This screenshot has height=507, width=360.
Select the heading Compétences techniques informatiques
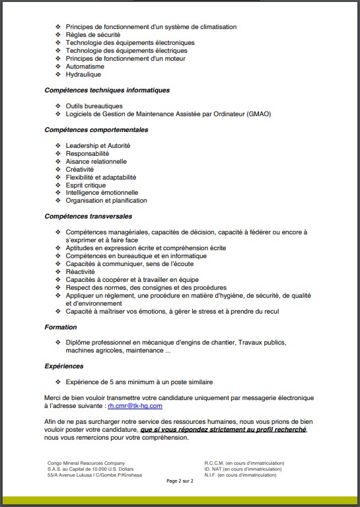pos(107,90)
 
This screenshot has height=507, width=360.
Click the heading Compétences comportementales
pos(96,129)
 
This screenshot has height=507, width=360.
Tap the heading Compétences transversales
pos(89,216)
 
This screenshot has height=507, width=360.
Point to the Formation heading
pos(61,327)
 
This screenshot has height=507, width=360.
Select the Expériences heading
pos(64,366)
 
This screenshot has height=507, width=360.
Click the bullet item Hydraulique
pos(83,75)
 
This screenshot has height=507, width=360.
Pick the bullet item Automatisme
pos(85,67)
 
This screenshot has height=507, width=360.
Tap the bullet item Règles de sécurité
pos(92,35)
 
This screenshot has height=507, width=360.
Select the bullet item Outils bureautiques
pos(94,106)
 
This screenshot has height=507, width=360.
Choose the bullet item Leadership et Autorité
pos(98,145)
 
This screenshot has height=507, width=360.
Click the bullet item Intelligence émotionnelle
pos(102,193)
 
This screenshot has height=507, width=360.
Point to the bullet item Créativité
pos(80,169)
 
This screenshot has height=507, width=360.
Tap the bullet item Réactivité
pos(81,271)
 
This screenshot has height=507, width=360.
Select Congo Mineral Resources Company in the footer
pos(86,463)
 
